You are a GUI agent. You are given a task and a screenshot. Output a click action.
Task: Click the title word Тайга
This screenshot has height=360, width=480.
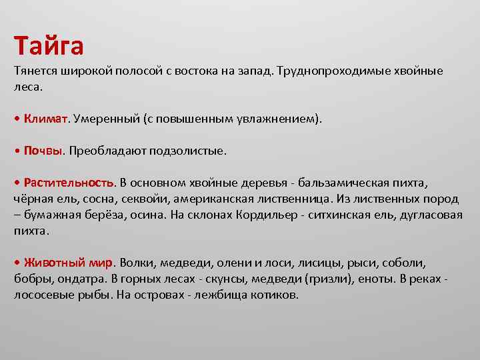(49, 46)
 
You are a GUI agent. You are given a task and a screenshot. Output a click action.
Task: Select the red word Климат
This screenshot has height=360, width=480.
(45, 119)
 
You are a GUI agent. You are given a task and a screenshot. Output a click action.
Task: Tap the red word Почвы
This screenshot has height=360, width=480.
(43, 151)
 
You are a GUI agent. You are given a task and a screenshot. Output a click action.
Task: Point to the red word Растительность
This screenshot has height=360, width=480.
(69, 182)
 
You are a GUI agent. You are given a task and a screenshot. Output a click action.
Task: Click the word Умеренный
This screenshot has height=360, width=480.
(106, 119)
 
